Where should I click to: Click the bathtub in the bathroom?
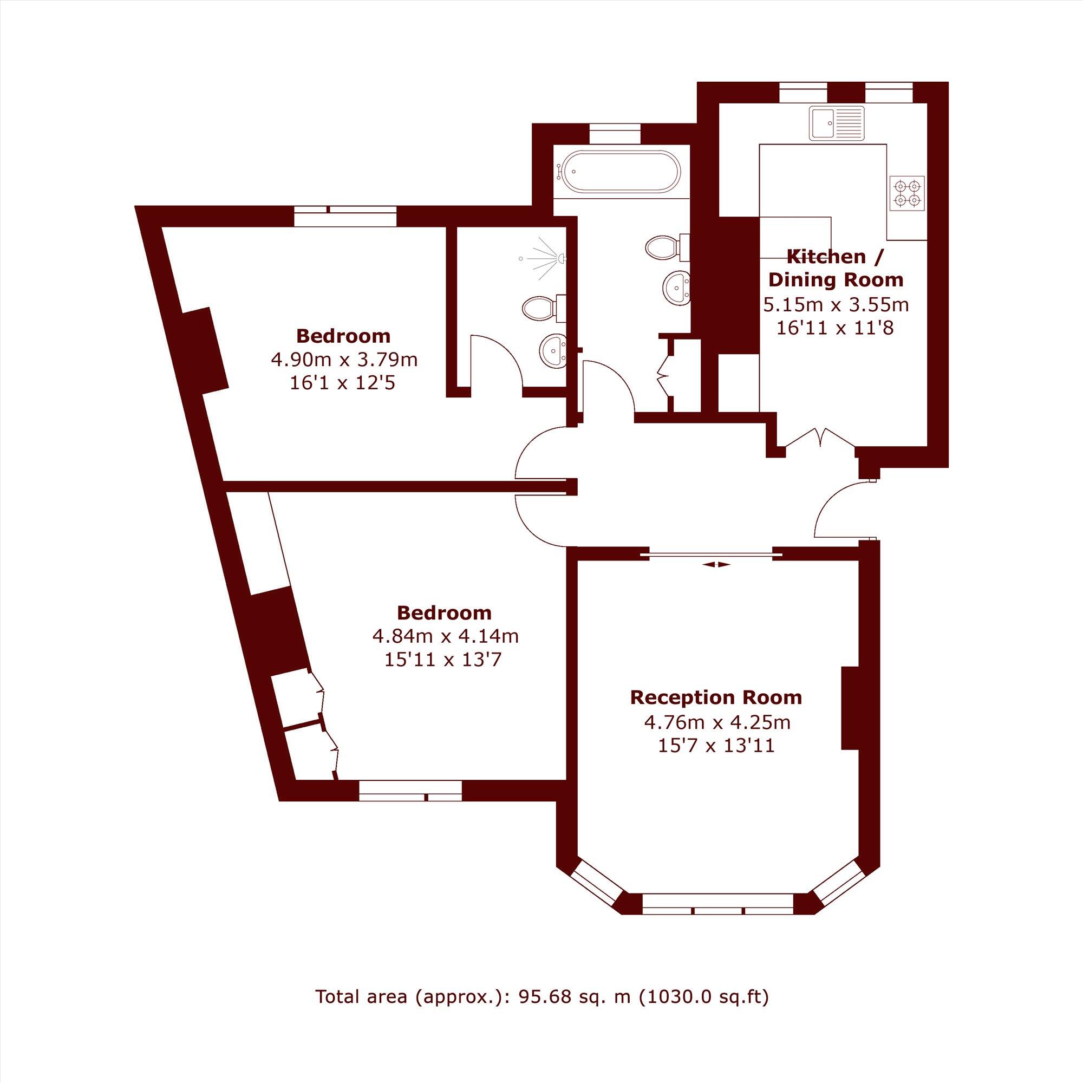point(621,172)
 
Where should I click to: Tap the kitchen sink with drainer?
point(838,125)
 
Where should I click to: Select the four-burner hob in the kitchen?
point(908,193)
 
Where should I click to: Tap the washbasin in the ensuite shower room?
point(553,351)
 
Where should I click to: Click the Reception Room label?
point(716,697)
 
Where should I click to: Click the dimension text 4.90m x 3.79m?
point(344,359)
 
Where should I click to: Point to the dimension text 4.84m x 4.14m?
point(445,636)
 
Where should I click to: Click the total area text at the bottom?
point(541,1013)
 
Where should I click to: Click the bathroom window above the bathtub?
point(615,135)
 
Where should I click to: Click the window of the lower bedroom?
point(410,790)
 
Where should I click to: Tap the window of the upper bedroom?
point(345,217)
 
